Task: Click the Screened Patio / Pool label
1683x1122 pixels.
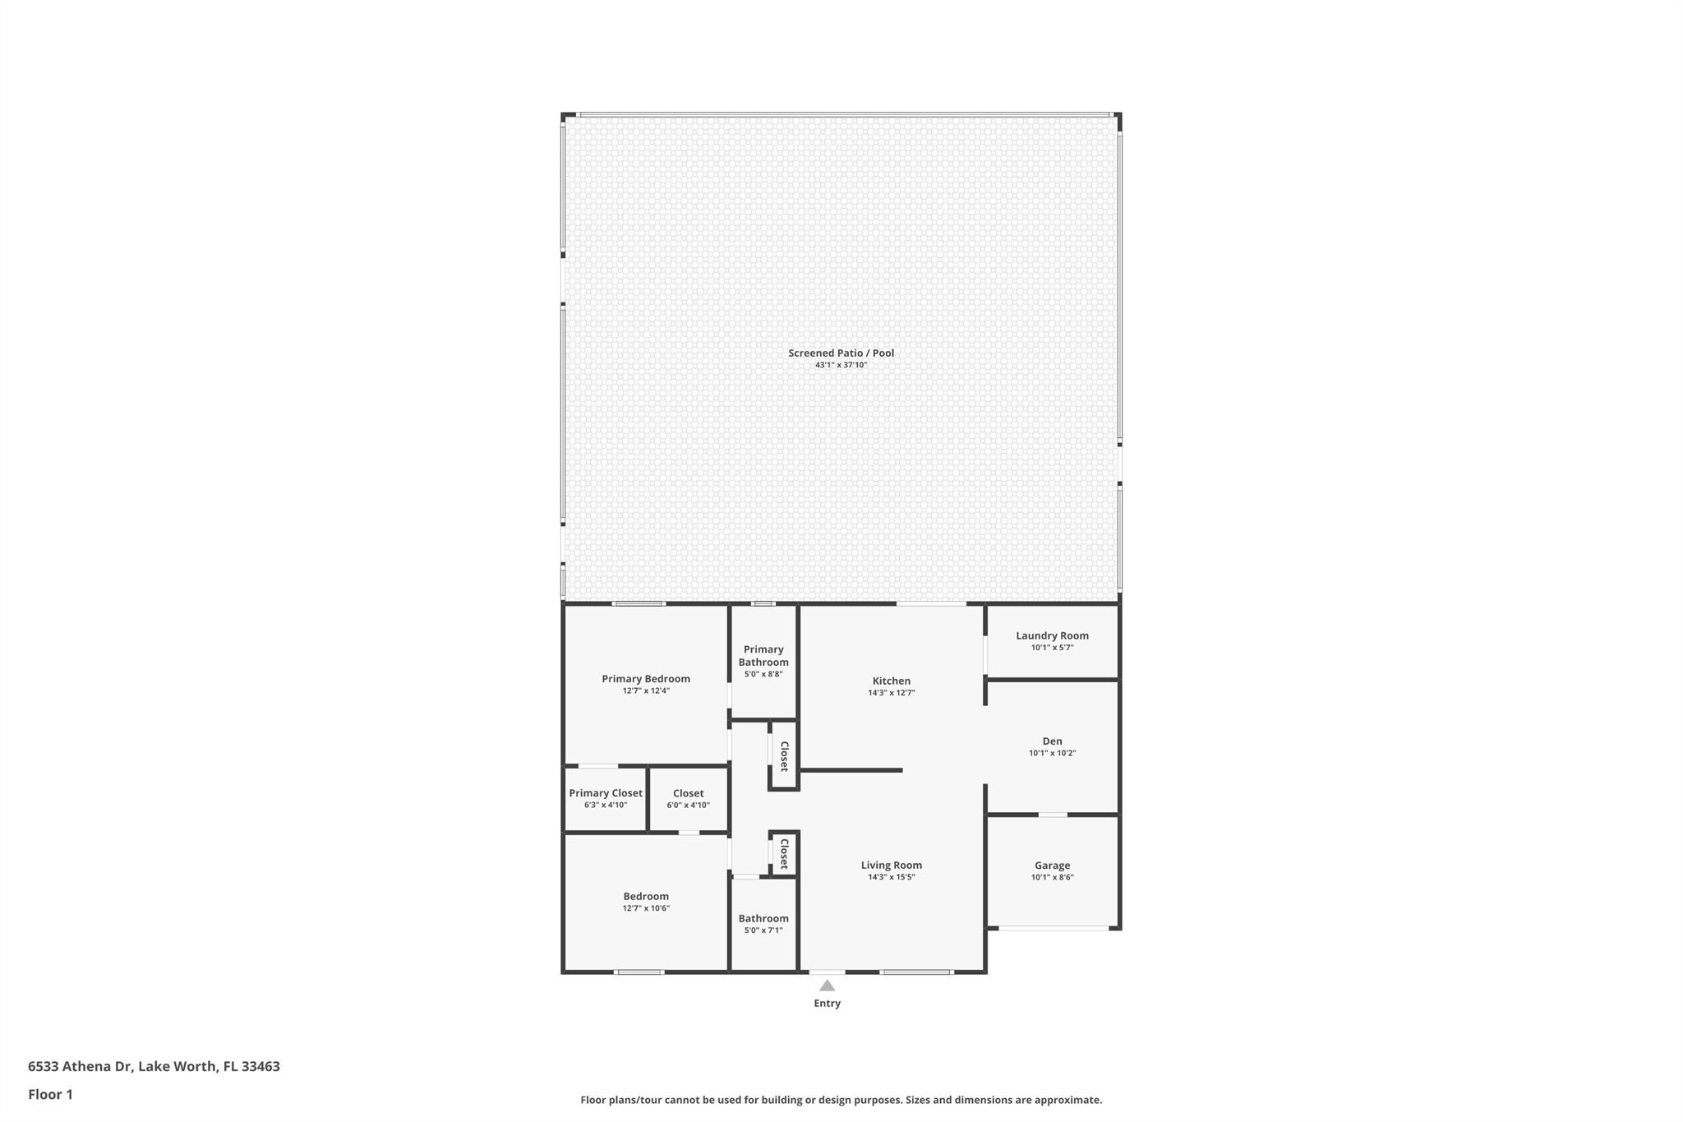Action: pyautogui.click(x=841, y=353)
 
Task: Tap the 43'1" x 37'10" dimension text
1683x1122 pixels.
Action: pyautogui.click(x=841, y=365)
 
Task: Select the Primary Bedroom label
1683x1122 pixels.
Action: pyautogui.click(x=646, y=679)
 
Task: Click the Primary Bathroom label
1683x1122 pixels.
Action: pyautogui.click(x=763, y=656)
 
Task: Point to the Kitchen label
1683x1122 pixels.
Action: pyautogui.click(x=892, y=681)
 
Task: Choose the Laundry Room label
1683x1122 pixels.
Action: pyautogui.click(x=1052, y=635)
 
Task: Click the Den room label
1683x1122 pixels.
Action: pyautogui.click(x=1052, y=741)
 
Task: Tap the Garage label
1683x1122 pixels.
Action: pyautogui.click(x=1052, y=866)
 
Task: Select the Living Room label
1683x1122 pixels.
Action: pyautogui.click(x=892, y=866)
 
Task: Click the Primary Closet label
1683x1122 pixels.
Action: pyautogui.click(x=606, y=793)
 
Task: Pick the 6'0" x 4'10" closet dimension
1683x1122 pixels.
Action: pyautogui.click(x=688, y=806)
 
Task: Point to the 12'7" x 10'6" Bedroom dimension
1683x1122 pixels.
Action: pyautogui.click(x=646, y=908)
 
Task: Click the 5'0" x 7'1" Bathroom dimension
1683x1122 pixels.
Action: pyautogui.click(x=763, y=930)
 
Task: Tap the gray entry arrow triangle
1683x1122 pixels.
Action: pyautogui.click(x=827, y=986)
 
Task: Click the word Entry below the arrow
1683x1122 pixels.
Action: pyautogui.click(x=827, y=1004)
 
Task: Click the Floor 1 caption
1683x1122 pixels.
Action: pyautogui.click(x=50, y=1095)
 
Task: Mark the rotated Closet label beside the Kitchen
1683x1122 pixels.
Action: pyautogui.click(x=784, y=756)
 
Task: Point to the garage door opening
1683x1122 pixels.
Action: pyautogui.click(x=1053, y=929)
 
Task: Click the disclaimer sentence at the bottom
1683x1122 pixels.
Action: pyautogui.click(x=841, y=1100)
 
